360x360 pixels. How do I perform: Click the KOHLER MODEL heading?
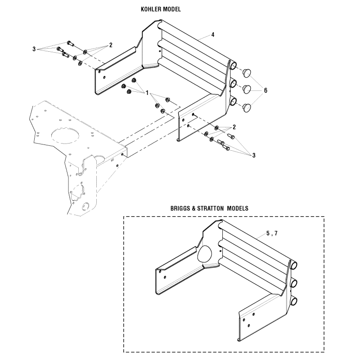(x=161, y=9)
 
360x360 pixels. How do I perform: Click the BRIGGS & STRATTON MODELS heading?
(x=209, y=209)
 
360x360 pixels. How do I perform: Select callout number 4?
(x=213, y=34)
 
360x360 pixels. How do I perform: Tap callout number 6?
(x=265, y=90)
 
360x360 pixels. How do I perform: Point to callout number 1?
(x=147, y=92)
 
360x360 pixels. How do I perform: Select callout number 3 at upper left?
(x=34, y=49)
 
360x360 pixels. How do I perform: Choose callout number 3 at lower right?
(x=254, y=155)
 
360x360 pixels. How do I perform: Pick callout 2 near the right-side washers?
(x=234, y=126)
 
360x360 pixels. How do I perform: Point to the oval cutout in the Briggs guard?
(x=205, y=254)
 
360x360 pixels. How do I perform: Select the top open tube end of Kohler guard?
(x=234, y=66)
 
